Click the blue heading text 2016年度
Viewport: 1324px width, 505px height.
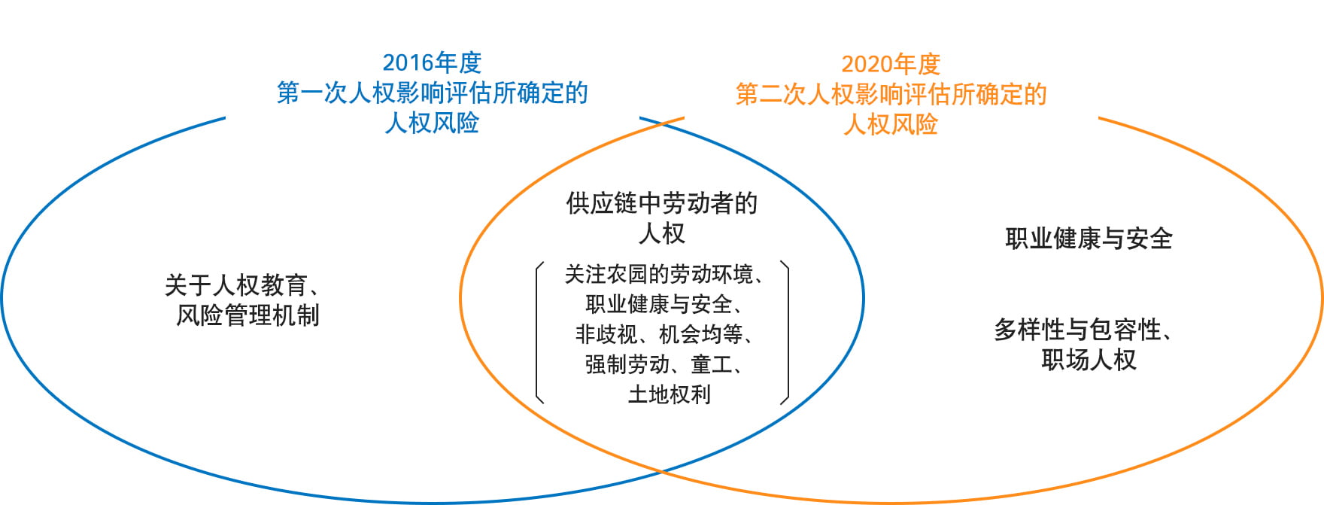432,62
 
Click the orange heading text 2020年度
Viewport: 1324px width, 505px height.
891,64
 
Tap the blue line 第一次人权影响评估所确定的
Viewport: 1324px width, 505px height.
432,93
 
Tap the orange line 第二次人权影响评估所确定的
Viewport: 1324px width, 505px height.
891,94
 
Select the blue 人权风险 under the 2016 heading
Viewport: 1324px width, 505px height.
432,123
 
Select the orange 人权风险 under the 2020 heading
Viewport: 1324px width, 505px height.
891,124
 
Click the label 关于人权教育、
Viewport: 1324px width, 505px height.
244,285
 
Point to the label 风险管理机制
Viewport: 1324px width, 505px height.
247,315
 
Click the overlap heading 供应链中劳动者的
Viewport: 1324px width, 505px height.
662,203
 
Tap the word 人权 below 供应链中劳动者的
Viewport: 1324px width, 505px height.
662,233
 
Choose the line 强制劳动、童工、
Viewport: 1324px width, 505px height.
665,364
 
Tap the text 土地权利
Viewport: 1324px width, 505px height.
669,394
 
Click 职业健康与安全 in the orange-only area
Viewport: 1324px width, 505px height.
1089,239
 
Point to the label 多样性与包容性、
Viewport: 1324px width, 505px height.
1083,330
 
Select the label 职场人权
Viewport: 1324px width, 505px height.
1089,360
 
